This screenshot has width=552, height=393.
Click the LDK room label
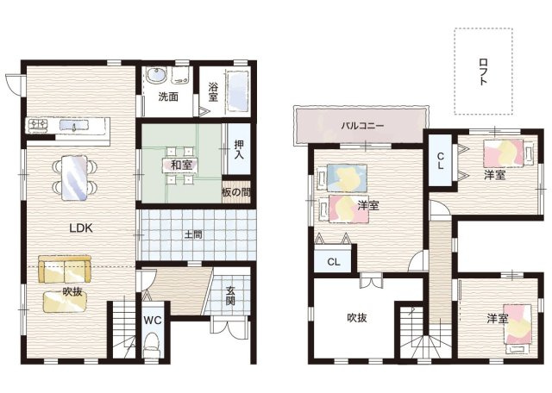click(x=81, y=228)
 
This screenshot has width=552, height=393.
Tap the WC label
click(x=153, y=320)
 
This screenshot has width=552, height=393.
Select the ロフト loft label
click(x=483, y=72)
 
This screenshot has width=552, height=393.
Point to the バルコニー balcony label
click(x=362, y=126)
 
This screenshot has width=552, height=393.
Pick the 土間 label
click(x=193, y=234)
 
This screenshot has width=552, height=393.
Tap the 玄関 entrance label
click(x=230, y=296)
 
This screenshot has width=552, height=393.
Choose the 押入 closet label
click(x=239, y=149)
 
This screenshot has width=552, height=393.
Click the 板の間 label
click(x=236, y=192)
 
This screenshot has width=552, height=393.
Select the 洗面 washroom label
click(x=168, y=97)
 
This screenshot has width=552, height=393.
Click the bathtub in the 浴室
click(x=238, y=92)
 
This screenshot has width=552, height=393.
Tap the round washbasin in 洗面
click(x=156, y=75)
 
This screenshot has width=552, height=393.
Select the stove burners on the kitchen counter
click(x=38, y=125)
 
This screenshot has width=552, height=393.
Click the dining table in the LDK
click(x=74, y=178)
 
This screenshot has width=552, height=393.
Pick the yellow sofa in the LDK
click(x=65, y=269)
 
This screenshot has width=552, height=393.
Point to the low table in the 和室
click(x=181, y=165)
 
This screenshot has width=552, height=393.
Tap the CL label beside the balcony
click(x=440, y=160)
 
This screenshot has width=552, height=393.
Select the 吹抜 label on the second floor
click(x=357, y=317)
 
